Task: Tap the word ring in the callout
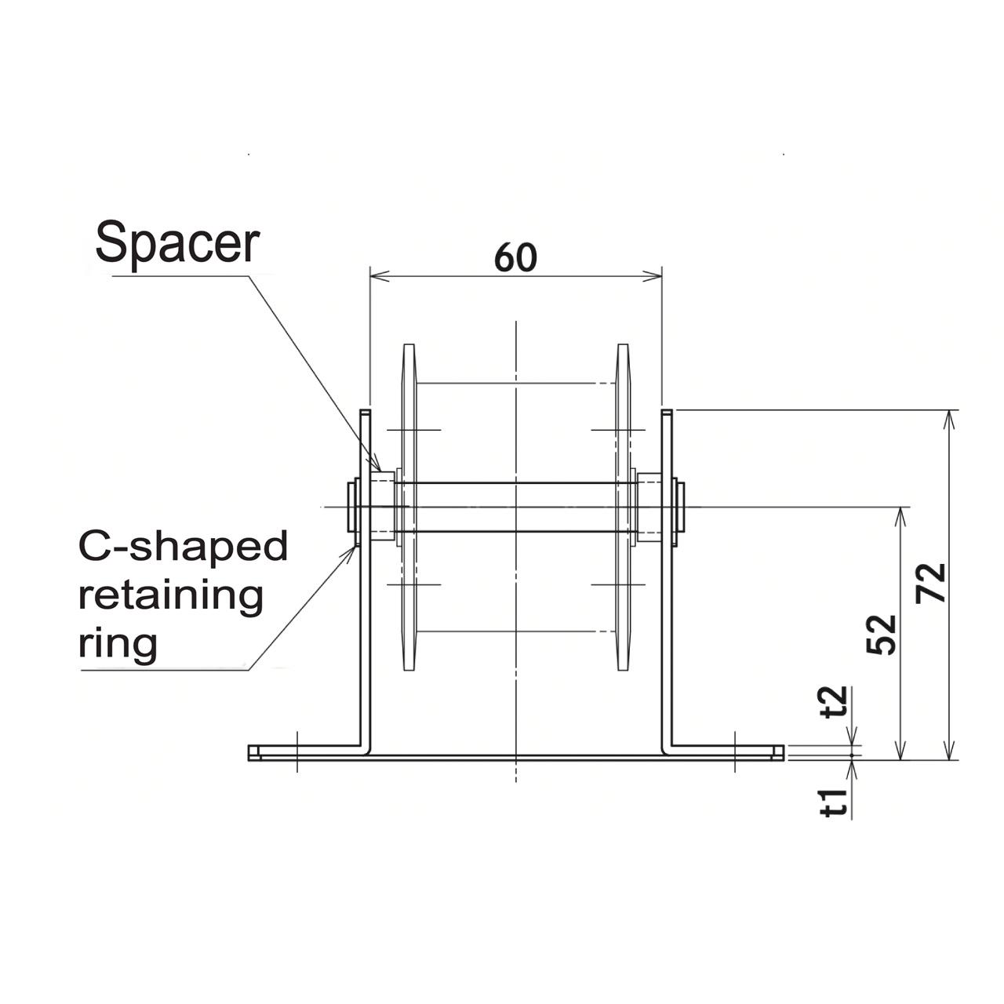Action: pyautogui.click(x=118, y=644)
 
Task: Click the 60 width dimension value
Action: pyautogui.click(x=515, y=257)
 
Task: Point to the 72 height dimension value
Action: pyautogui.click(x=932, y=582)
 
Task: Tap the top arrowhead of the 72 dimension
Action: pyautogui.click(x=950, y=418)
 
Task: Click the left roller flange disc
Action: pyautogui.click(x=409, y=507)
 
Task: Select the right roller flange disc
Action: pyautogui.click(x=624, y=507)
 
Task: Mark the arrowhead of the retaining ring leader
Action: pyautogui.click(x=352, y=549)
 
